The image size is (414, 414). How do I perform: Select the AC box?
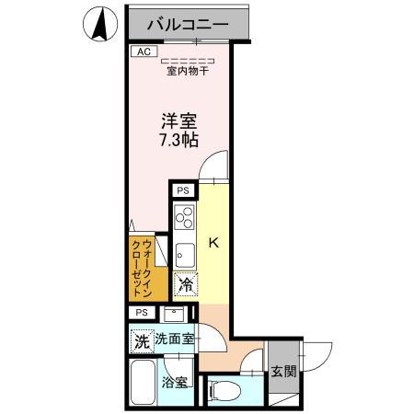click(x=143, y=52)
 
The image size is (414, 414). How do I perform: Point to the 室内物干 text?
click(x=185, y=72)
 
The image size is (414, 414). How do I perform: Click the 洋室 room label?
click(x=180, y=121)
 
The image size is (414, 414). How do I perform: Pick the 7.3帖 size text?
click(x=180, y=142)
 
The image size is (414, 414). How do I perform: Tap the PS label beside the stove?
click(x=182, y=192)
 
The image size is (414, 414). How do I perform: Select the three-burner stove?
click(x=183, y=219)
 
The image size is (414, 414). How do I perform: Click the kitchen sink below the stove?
click(x=183, y=250)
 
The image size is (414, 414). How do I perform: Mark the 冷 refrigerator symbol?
click(x=185, y=286)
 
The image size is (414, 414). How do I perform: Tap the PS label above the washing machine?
click(x=141, y=313)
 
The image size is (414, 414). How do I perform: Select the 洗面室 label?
click(x=174, y=339)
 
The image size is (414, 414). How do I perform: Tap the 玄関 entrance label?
click(x=284, y=373)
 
